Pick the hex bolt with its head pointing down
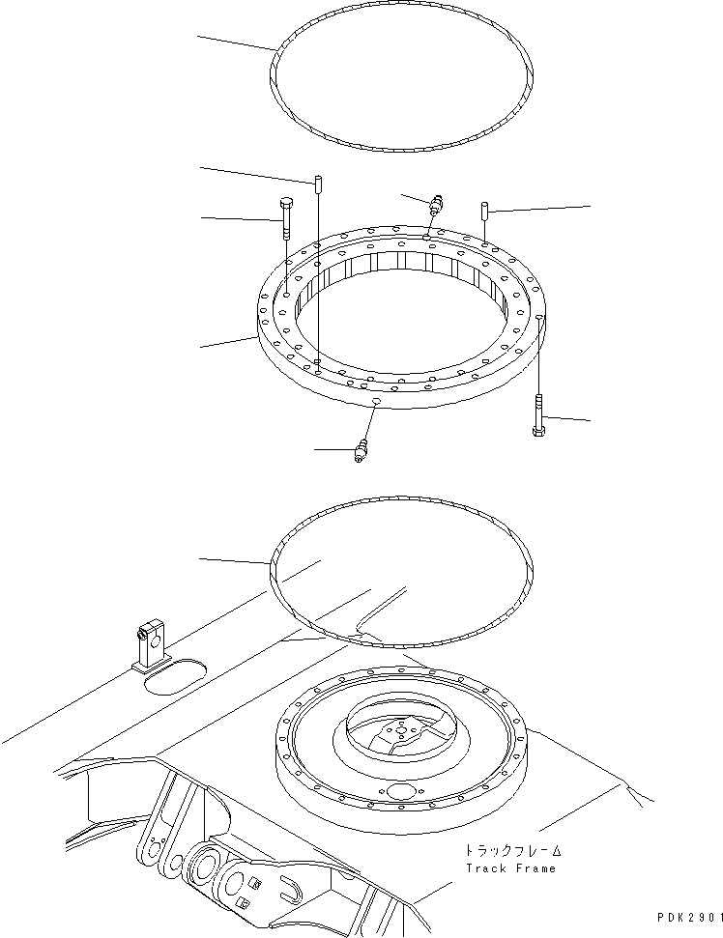tap(538, 415)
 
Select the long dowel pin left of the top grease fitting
tap(317, 184)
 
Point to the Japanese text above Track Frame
tap(510, 851)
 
